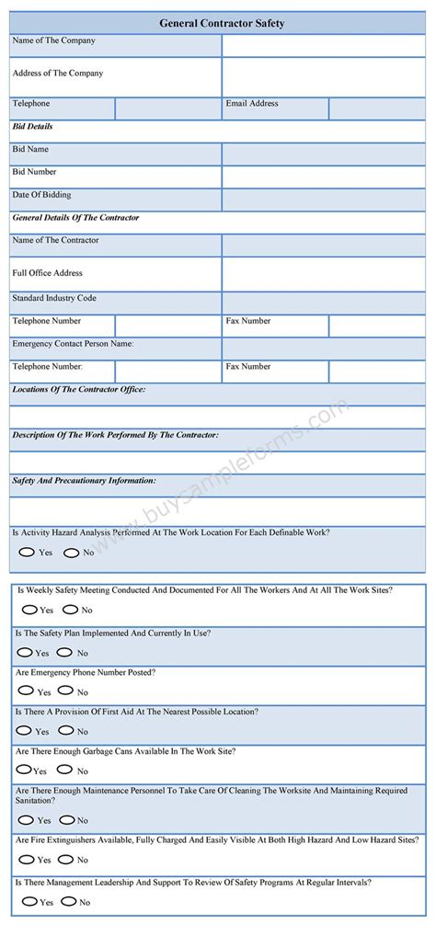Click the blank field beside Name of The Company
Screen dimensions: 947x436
(x=323, y=44)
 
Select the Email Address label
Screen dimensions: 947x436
(x=252, y=104)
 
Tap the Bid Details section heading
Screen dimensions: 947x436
(x=33, y=126)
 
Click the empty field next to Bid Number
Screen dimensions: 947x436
(x=323, y=176)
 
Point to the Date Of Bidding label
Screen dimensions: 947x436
(x=41, y=195)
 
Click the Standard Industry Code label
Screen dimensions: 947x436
(x=54, y=299)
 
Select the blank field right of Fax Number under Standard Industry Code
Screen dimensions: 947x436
(x=376, y=325)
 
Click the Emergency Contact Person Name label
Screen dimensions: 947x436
(x=74, y=344)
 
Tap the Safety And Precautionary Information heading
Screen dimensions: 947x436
(x=84, y=480)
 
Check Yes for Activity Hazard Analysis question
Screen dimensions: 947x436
(x=28, y=553)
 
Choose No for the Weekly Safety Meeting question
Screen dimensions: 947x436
(x=70, y=610)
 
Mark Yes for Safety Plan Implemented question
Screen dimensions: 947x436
(x=24, y=653)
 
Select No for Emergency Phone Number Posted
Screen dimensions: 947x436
(x=65, y=691)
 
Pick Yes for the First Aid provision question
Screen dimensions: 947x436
(x=24, y=731)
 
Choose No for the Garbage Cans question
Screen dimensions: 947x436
(x=65, y=770)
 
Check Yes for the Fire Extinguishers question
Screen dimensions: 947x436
(x=25, y=860)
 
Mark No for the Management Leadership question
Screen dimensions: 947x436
(x=67, y=902)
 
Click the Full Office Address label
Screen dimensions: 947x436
(x=48, y=273)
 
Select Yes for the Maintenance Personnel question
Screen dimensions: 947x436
(x=25, y=820)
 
